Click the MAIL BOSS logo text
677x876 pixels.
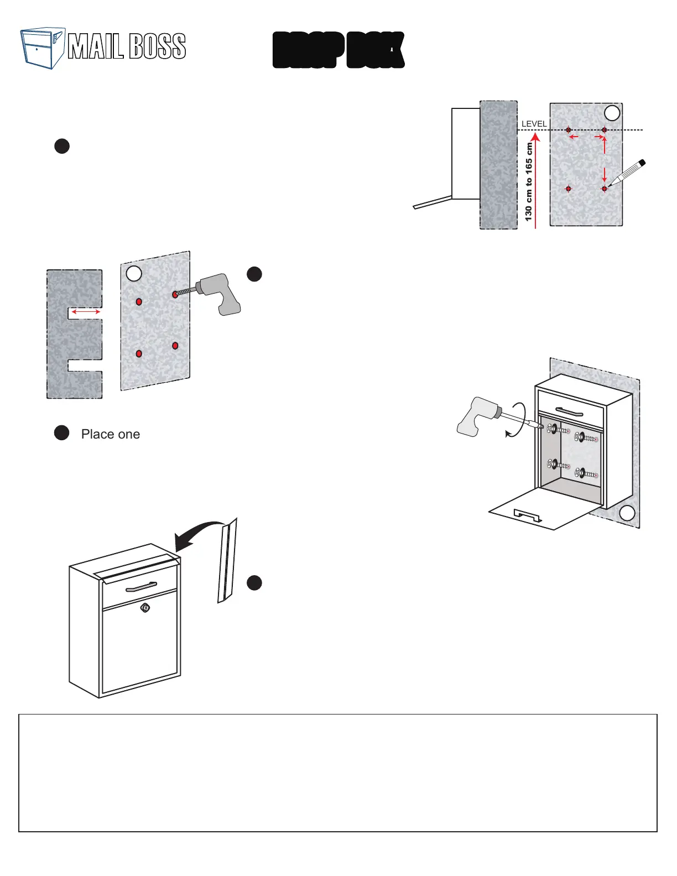[127, 46]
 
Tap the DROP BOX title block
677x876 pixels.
[338, 50]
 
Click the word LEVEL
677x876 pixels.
[534, 124]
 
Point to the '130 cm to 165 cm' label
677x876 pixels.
[529, 182]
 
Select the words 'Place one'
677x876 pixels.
[111, 434]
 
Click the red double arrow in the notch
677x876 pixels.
[86, 312]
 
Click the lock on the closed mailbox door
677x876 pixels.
[145, 608]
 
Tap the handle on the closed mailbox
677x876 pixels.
[141, 586]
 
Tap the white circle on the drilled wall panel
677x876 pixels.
[134, 273]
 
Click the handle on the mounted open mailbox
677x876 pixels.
[569, 411]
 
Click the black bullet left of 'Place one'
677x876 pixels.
[62, 433]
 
